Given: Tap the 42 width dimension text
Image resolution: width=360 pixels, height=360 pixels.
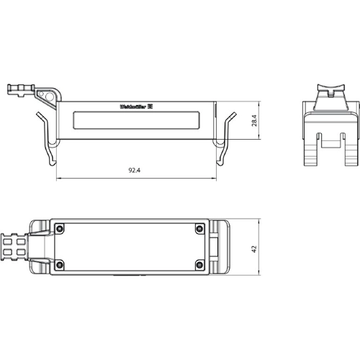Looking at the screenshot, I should tap(255, 247).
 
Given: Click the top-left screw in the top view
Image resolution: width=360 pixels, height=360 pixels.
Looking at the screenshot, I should tap(60, 230).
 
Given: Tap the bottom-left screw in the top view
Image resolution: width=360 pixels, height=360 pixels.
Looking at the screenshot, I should tap(60, 264).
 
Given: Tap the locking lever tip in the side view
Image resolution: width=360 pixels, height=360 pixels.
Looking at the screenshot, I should tap(14, 90).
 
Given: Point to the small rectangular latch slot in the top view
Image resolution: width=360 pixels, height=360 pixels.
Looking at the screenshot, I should tap(215, 246).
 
